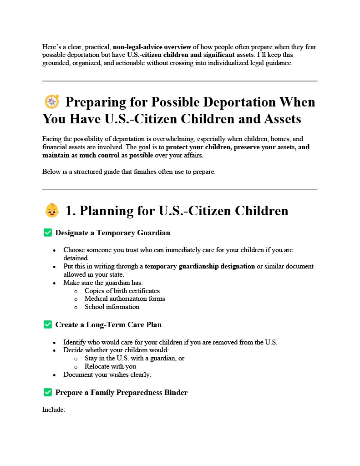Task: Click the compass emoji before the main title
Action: click(x=52, y=101)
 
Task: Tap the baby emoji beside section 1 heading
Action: click(x=52, y=211)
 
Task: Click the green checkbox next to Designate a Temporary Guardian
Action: click(x=47, y=233)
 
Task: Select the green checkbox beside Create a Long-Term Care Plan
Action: click(x=47, y=324)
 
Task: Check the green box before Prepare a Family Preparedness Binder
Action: click(x=47, y=392)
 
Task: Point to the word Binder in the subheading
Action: click(x=175, y=392)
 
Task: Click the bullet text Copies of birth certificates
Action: click(x=122, y=291)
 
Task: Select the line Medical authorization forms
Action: click(x=125, y=299)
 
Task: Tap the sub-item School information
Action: click(x=112, y=307)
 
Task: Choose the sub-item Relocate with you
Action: click(x=110, y=366)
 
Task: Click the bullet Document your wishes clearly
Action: click(x=107, y=375)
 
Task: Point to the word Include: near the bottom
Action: click(x=54, y=410)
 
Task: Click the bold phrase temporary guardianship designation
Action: click(x=200, y=266)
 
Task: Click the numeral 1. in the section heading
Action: click(x=71, y=211)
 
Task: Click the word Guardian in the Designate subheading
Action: click(x=155, y=233)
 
